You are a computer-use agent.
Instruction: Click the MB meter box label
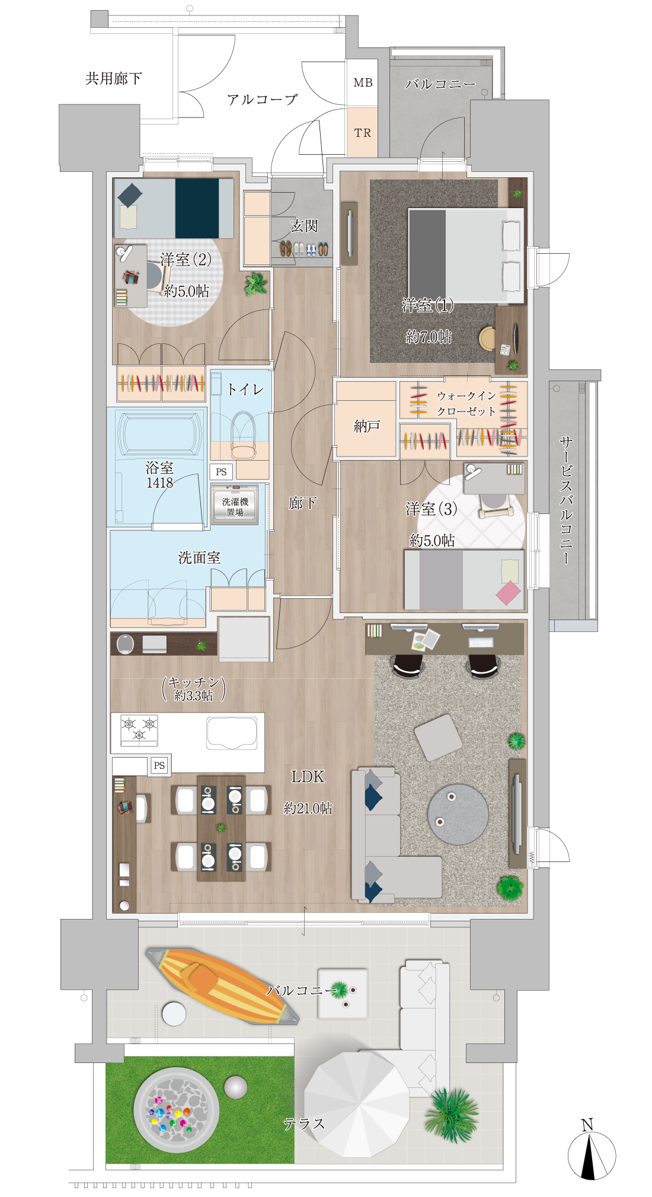[363, 83]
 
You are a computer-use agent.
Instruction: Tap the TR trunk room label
[363, 133]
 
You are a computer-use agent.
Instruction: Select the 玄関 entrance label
[304, 226]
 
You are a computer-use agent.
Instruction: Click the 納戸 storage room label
[366, 426]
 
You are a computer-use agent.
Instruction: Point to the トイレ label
[245, 389]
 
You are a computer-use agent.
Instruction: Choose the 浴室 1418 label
[159, 475]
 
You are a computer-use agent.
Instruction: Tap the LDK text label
[308, 777]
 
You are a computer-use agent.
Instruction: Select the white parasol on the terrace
[357, 1104]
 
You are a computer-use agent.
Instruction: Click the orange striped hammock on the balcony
[223, 986]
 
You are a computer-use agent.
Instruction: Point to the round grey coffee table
[458, 815]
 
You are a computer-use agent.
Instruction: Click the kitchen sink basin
[232, 733]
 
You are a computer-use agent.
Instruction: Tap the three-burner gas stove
[139, 730]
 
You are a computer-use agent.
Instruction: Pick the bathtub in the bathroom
[159, 434]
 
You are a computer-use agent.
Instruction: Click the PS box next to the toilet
[221, 472]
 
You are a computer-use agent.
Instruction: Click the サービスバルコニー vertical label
[566, 501]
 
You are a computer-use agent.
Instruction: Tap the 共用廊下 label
[113, 78]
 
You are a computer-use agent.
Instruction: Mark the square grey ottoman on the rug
[438, 737]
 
